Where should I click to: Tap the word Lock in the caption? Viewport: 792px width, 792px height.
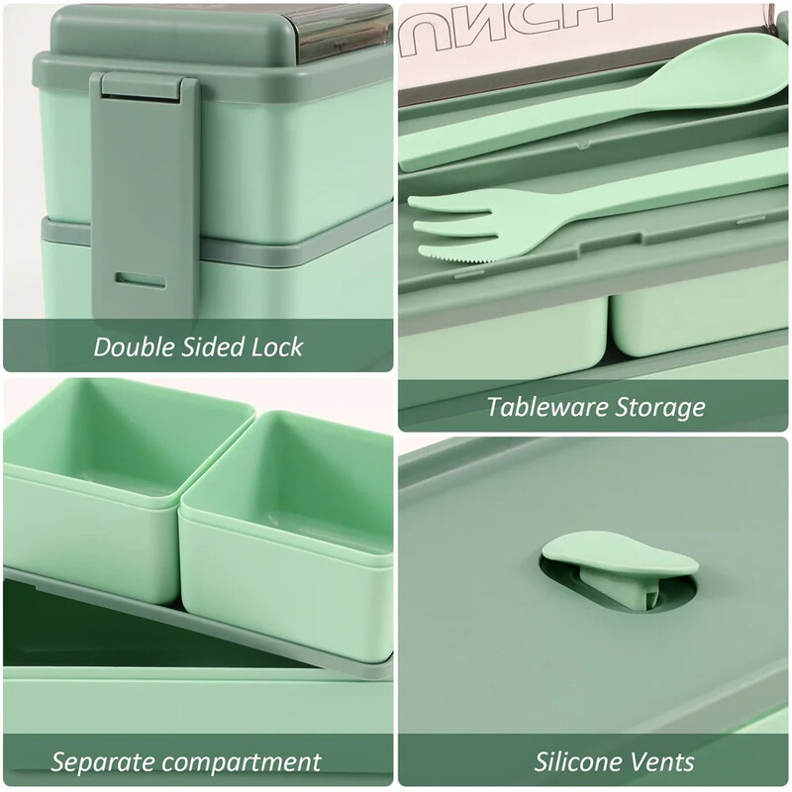point(278,347)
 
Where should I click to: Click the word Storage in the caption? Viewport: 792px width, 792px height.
point(664,406)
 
